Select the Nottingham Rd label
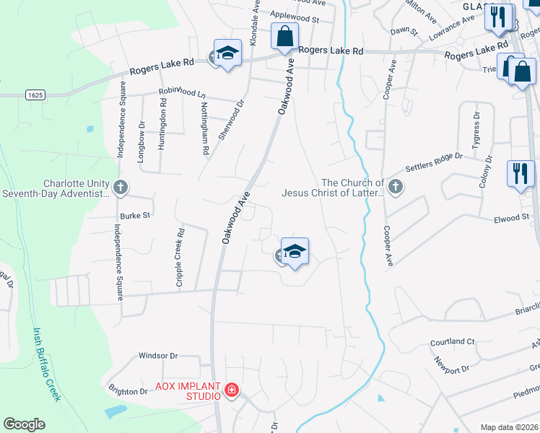205,128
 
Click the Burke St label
135,215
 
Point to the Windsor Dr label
158,356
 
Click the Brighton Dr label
128,391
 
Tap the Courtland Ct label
452,341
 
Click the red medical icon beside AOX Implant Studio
232,391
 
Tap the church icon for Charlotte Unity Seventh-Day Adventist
121,188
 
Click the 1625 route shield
34,95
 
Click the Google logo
24,424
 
